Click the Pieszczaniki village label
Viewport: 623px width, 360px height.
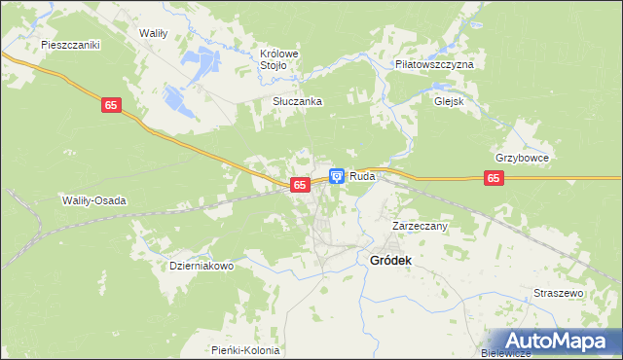pyautogui.click(x=71, y=45)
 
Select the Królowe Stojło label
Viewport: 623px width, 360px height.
pyautogui.click(x=278, y=59)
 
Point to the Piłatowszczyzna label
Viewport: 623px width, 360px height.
pyautogui.click(x=434, y=63)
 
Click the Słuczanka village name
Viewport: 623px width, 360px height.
pyautogui.click(x=297, y=101)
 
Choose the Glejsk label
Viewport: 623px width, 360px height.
pyautogui.click(x=450, y=99)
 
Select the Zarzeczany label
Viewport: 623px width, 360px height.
pyautogui.click(x=419, y=226)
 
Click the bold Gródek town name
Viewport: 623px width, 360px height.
pyautogui.click(x=391, y=260)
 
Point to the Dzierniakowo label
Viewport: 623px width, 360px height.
pyautogui.click(x=202, y=266)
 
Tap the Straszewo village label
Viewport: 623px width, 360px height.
pyautogui.click(x=558, y=293)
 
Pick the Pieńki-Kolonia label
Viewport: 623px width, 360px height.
pyautogui.click(x=245, y=350)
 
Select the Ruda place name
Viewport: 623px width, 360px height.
pyautogui.click(x=362, y=176)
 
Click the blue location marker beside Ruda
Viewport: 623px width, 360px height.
pyautogui.click(x=336, y=176)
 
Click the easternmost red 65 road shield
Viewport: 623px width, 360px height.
pyautogui.click(x=495, y=178)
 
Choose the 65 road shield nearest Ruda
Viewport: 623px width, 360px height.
pyautogui.click(x=300, y=185)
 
